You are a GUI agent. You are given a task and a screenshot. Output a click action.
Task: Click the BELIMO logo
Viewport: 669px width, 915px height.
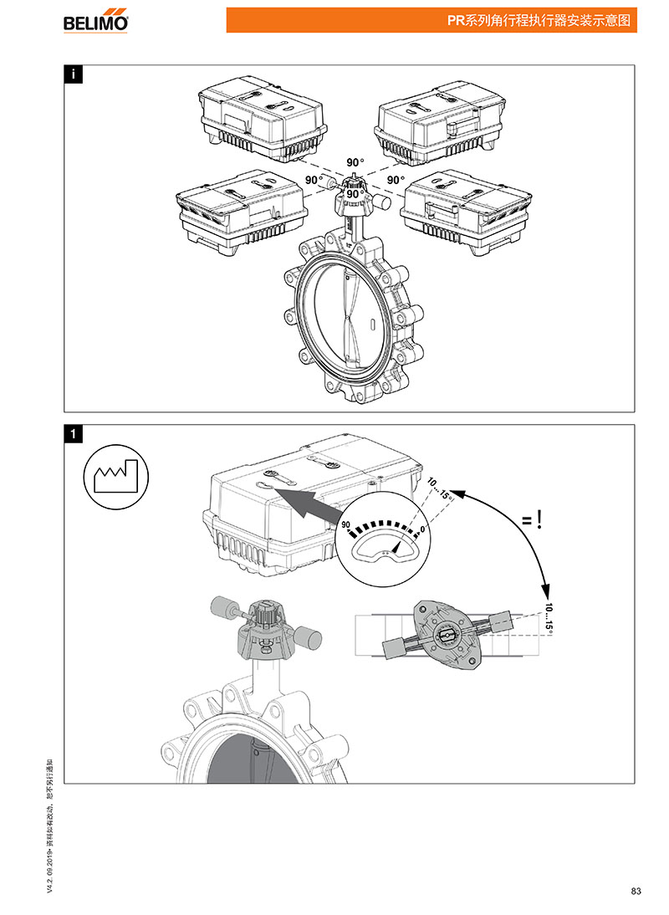click(x=96, y=21)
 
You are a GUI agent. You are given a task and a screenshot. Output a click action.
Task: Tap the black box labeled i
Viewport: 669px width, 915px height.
click(x=74, y=74)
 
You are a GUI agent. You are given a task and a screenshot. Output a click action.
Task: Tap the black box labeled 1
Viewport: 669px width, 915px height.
click(x=74, y=434)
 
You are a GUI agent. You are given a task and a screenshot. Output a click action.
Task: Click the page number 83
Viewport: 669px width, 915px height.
click(x=636, y=892)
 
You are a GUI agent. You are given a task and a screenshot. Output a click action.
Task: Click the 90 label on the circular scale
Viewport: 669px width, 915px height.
click(x=345, y=524)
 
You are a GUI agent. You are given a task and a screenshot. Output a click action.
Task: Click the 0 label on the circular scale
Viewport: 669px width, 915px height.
click(x=423, y=528)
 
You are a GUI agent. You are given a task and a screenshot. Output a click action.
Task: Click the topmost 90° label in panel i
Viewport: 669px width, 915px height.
click(x=357, y=161)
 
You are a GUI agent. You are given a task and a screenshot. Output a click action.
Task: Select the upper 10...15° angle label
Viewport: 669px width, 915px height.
click(x=440, y=488)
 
